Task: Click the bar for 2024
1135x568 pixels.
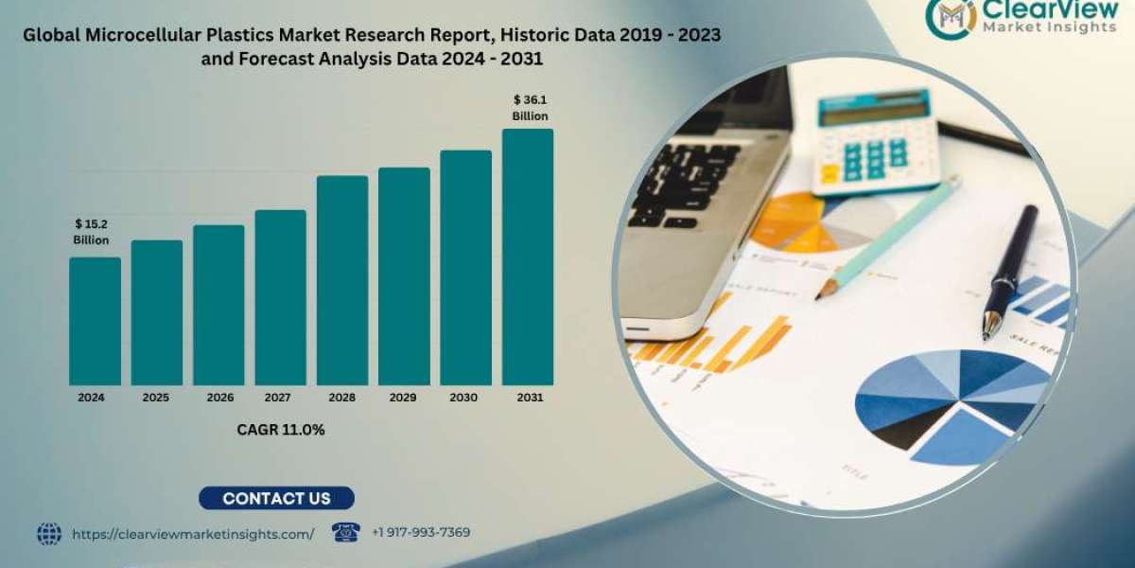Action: pyautogui.click(x=95, y=321)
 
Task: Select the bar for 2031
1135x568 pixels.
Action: pyautogui.click(x=527, y=257)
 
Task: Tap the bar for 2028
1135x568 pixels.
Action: pyautogui.click(x=342, y=280)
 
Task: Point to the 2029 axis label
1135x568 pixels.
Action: pyautogui.click(x=404, y=398)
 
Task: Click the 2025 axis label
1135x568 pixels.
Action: pyautogui.click(x=156, y=398)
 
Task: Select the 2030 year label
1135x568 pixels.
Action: pyautogui.click(x=465, y=398)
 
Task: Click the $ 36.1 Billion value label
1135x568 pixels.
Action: pyautogui.click(x=530, y=107)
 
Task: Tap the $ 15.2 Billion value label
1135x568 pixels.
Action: pyautogui.click(x=92, y=232)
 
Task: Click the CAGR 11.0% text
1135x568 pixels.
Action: pyautogui.click(x=281, y=430)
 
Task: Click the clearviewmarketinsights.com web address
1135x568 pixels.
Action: pyautogui.click(x=193, y=534)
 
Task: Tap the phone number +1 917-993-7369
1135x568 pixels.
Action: pyautogui.click(x=421, y=533)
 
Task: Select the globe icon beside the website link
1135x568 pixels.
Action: pyautogui.click(x=49, y=534)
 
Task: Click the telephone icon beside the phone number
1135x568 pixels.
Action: pyautogui.click(x=346, y=532)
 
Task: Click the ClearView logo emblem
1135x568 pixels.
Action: pyautogui.click(x=951, y=17)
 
